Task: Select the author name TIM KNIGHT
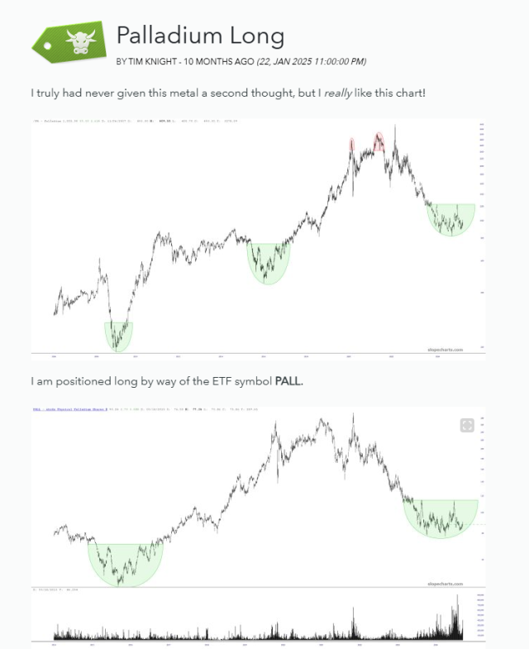tap(153, 61)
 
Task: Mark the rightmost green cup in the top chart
tap(451, 218)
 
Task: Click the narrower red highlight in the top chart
tap(352, 146)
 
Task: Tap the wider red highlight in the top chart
tap(379, 141)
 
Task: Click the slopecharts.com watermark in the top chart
tap(446, 350)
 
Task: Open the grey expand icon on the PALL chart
tap(467, 425)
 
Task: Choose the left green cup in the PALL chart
tap(125, 563)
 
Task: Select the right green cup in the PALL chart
tap(441, 517)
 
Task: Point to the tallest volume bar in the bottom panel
tap(455, 609)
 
